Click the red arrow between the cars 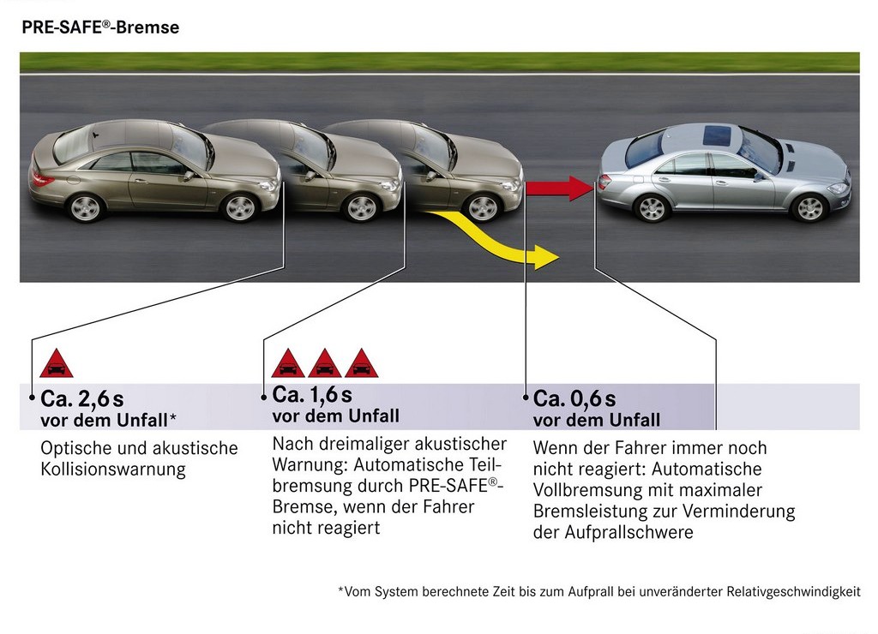559,188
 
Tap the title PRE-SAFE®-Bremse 100,27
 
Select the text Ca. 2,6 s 81,399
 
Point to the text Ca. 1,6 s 312,395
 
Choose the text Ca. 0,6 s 574,399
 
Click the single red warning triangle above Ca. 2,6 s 57,363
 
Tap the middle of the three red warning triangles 325,363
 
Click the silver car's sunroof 717,135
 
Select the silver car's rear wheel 652,207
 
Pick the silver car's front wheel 809,207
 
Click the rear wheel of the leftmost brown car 86,207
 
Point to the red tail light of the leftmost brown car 41,180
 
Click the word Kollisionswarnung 113,469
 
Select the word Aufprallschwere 628,532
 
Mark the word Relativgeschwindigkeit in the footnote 793,591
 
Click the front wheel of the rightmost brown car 483,207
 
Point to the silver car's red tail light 604,182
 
